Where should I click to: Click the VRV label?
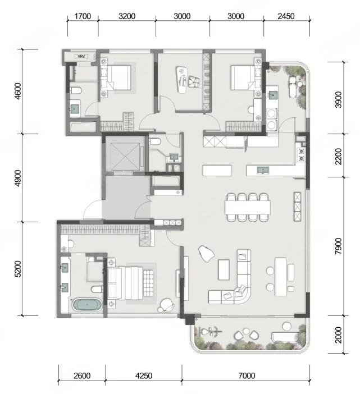[81, 57]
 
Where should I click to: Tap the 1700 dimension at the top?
[83, 16]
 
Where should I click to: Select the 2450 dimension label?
[286, 16]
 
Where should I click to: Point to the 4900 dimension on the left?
[18, 178]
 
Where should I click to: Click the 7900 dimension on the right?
[339, 246]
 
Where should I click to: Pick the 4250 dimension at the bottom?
[144, 375]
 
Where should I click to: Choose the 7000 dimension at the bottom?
[247, 375]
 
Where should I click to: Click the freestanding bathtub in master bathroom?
[87, 305]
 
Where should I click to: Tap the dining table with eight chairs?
[248, 207]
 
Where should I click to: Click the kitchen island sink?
[263, 171]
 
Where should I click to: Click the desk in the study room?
[182, 80]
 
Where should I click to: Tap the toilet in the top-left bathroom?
[75, 90]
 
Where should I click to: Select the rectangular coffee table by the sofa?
[224, 270]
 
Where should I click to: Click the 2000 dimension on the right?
[339, 335]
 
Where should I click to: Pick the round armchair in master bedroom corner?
[166, 305]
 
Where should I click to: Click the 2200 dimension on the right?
[339, 156]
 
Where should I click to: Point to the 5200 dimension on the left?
[18, 269]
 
